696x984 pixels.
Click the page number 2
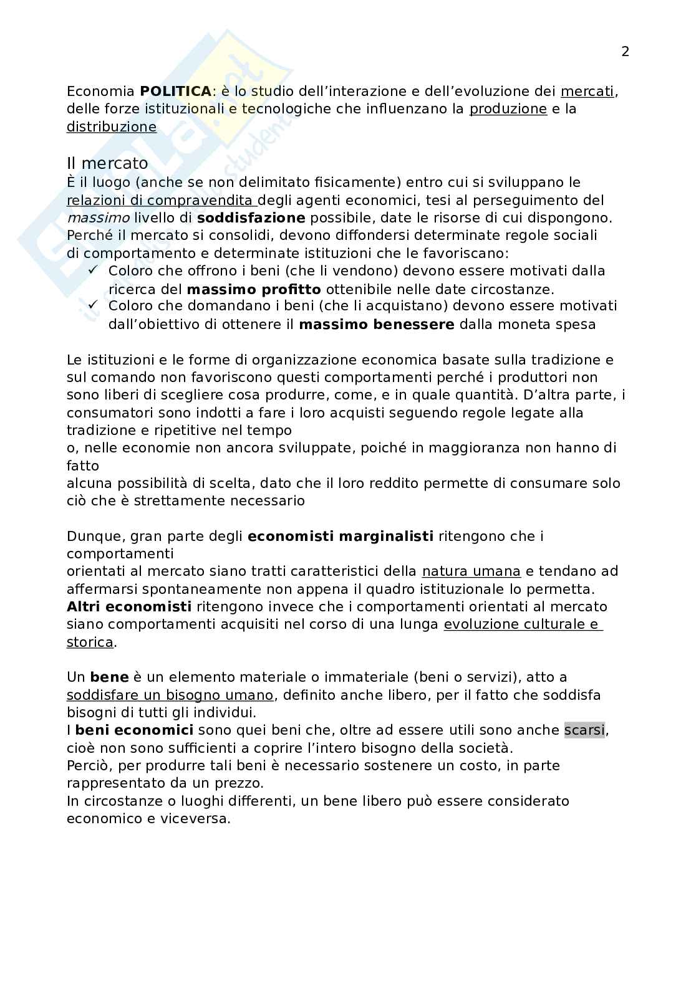(625, 52)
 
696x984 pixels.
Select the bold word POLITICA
(175, 92)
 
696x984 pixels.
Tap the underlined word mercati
(587, 92)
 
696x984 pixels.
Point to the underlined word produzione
(508, 109)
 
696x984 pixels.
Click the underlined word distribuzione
(112, 127)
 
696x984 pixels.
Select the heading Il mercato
(107, 163)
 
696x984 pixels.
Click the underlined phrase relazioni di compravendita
(162, 201)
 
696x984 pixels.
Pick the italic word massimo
(98, 218)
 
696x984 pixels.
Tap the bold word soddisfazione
(251, 218)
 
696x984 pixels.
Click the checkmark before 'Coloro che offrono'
(94, 270)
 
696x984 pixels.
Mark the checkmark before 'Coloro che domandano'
(94, 305)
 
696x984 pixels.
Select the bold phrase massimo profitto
(254, 289)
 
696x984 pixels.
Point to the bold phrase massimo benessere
(377, 324)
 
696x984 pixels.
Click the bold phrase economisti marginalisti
(340, 537)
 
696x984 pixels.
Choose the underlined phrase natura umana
(471, 571)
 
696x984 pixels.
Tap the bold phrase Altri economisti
(129, 607)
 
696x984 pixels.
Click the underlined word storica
(90, 642)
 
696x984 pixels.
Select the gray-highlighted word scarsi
(584, 730)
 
